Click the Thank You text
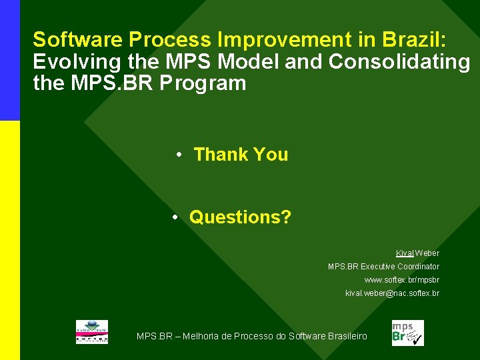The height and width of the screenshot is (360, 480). tap(241, 155)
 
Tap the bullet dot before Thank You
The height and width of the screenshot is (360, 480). tap(179, 155)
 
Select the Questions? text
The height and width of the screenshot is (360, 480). tap(240, 217)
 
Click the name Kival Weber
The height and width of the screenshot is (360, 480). tap(417, 253)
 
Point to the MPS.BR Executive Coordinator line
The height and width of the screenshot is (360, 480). tap(383, 267)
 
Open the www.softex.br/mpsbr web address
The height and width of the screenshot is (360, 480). tap(401, 280)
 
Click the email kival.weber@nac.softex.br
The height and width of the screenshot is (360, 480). tap(392, 293)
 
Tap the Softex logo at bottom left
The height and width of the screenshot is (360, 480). tap(91, 332)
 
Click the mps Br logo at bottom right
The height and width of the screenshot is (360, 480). tap(407, 333)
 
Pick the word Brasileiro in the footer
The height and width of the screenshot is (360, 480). tap(346, 336)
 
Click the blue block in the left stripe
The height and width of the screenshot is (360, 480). tap(10, 60)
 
